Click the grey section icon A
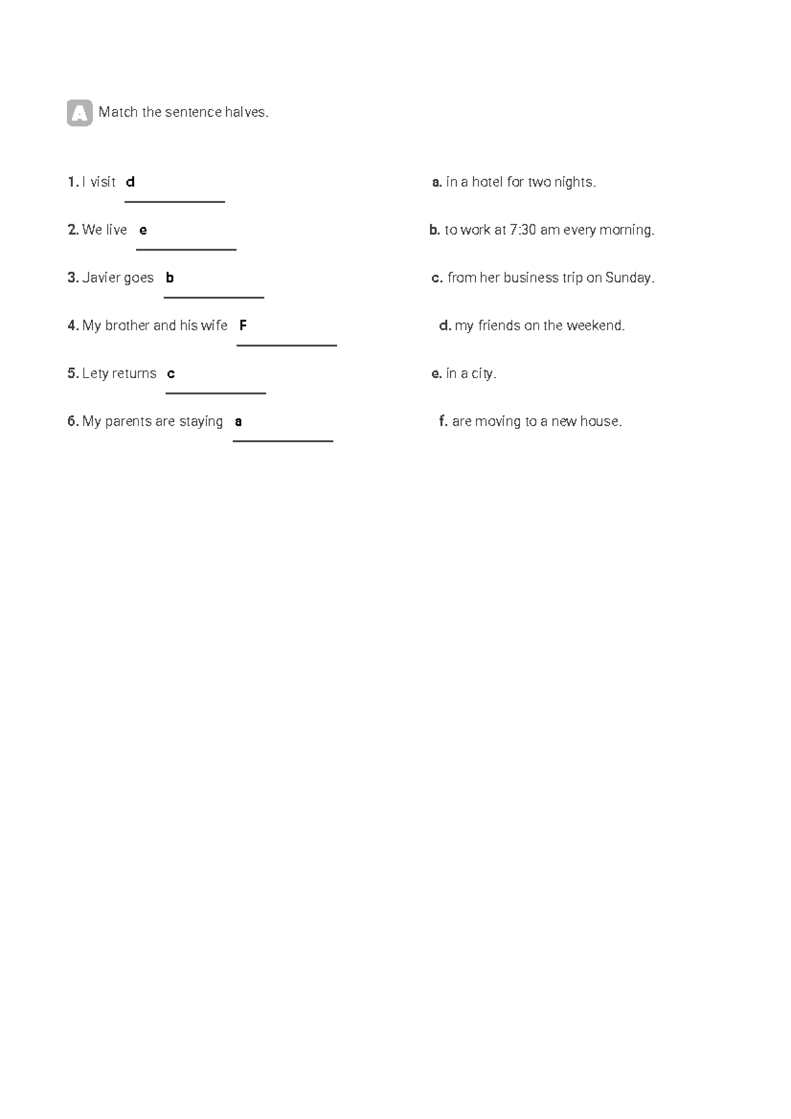tap(80, 113)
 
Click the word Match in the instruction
tap(118, 113)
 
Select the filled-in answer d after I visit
tap(130, 182)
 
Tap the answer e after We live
tap(143, 230)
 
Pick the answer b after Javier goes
tap(169, 278)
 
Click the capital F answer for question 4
tap(243, 326)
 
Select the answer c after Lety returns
tap(171, 374)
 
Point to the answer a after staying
tap(239, 422)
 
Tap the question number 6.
tap(73, 422)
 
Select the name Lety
tap(95, 374)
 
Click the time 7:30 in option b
tap(523, 230)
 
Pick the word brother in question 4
tap(127, 326)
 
